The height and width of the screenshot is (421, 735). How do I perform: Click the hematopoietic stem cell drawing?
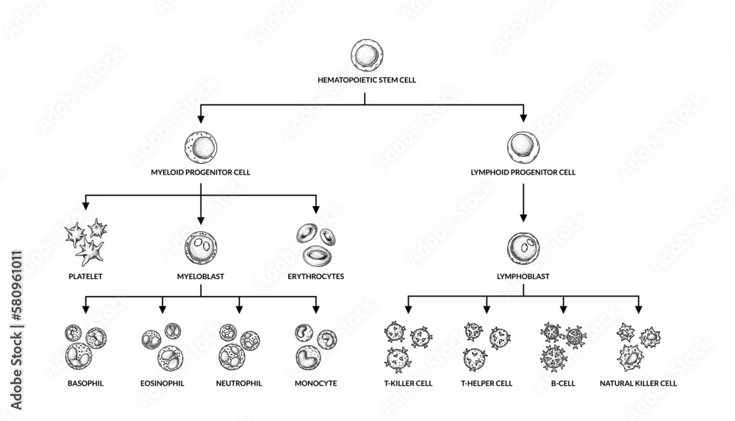point(366,56)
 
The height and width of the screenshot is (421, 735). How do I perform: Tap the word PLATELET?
point(85,277)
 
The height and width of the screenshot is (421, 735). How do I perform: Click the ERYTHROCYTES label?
point(315,277)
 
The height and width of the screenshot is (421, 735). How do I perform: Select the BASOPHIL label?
point(85,383)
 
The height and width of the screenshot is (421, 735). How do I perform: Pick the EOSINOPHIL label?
point(162,383)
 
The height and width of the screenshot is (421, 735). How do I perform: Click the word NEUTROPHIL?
point(239,383)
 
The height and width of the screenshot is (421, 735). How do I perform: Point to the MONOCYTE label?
point(315,383)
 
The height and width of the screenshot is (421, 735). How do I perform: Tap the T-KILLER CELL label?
point(409,383)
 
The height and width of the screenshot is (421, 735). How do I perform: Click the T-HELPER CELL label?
point(486,383)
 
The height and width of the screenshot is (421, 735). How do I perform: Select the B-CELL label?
point(563,383)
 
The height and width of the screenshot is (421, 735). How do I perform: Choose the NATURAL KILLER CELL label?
point(638,383)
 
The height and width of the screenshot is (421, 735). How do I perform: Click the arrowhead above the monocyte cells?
point(316,308)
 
